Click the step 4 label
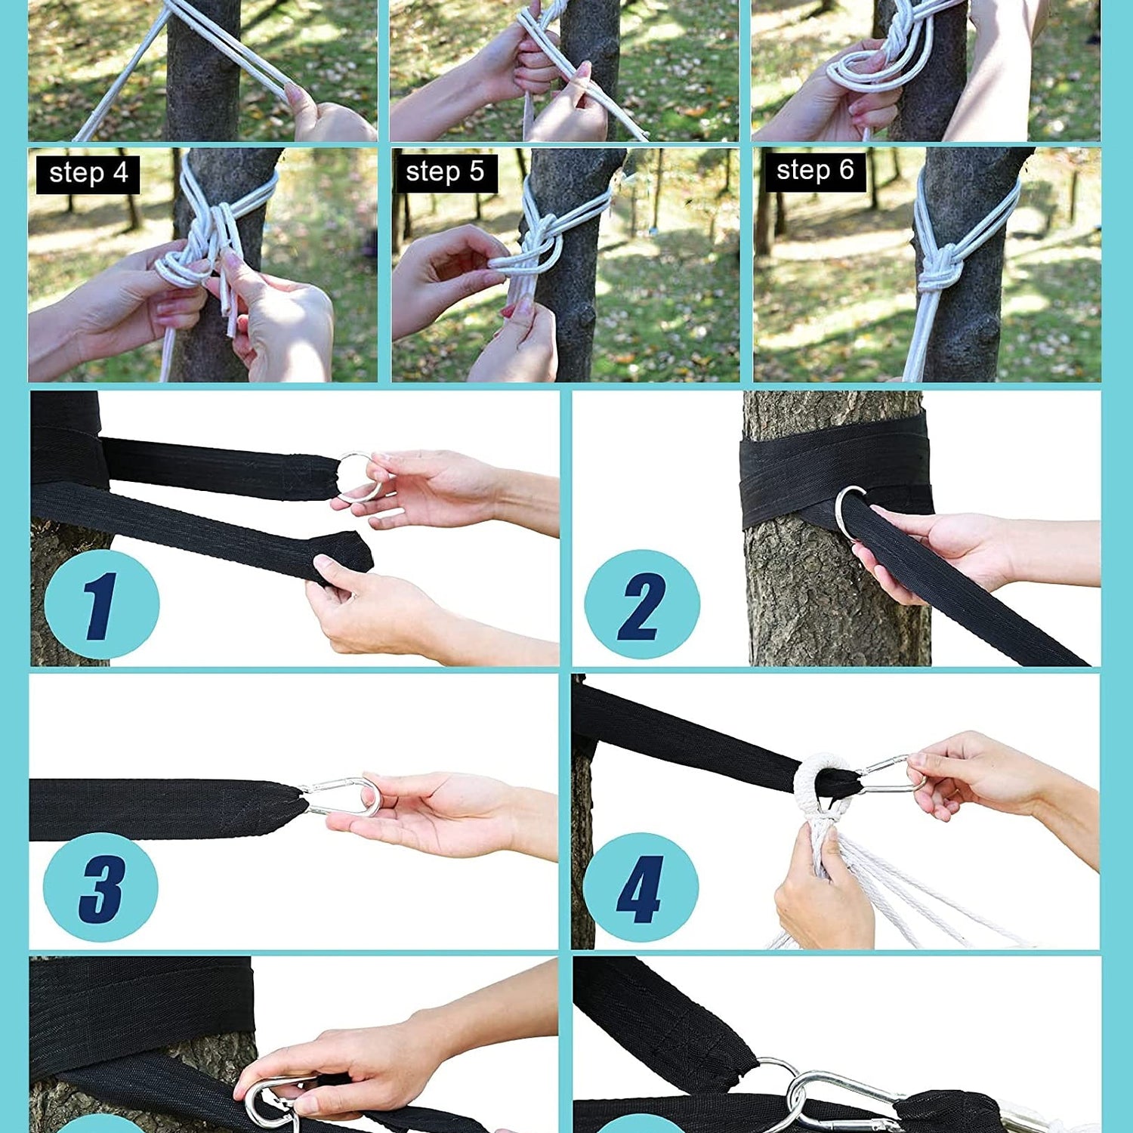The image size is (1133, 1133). point(88,173)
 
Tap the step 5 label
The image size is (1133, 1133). point(445,172)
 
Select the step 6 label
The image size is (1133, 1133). point(814,171)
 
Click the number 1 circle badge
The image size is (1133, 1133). point(102,604)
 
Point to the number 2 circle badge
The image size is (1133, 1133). point(642,604)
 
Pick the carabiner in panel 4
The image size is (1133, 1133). point(891,776)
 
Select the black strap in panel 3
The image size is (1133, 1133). point(166,810)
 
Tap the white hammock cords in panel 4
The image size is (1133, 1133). point(891,891)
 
